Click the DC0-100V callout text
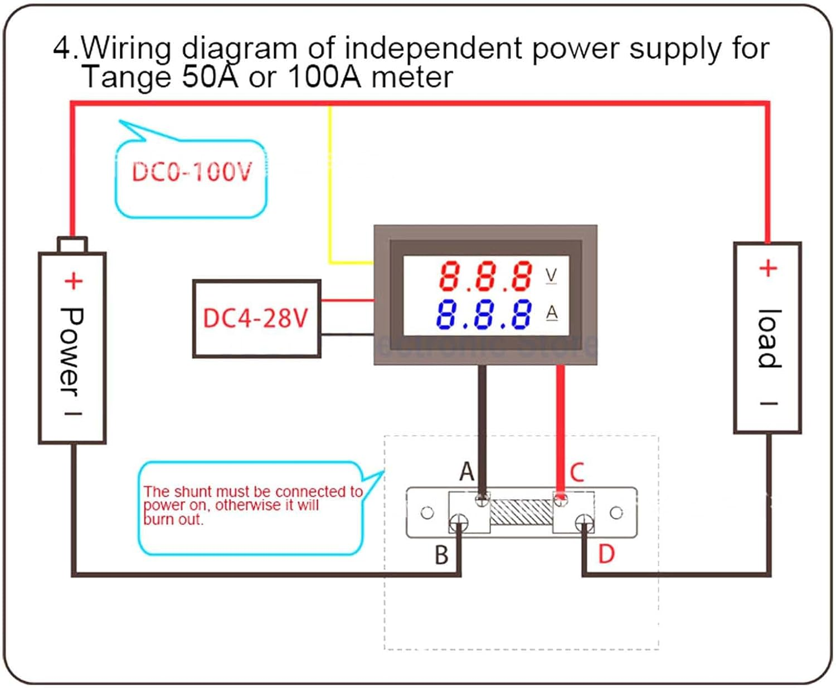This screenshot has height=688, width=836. coord(192,172)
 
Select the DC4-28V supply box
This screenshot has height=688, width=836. coord(256,318)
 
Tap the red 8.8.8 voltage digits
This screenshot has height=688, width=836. coord(485,276)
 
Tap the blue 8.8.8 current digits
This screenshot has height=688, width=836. coord(484,315)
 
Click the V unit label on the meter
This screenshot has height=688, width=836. coord(551,275)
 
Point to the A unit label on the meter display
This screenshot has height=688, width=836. coord(552,313)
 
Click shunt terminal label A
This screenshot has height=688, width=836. coord(466,472)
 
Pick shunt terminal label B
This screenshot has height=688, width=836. coord(441,555)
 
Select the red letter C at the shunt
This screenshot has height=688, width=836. coord(577,472)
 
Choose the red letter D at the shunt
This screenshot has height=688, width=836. coord(606,554)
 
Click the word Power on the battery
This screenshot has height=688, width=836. coord(71,351)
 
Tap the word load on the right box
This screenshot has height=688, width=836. coord(769,339)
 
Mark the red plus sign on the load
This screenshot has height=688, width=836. coord(768,269)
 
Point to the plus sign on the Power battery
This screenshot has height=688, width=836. coord(73,281)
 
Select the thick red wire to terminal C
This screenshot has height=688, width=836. coord(561,423)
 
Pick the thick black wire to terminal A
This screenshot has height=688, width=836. coord(482,423)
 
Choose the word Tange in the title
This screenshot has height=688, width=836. coord(127,76)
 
